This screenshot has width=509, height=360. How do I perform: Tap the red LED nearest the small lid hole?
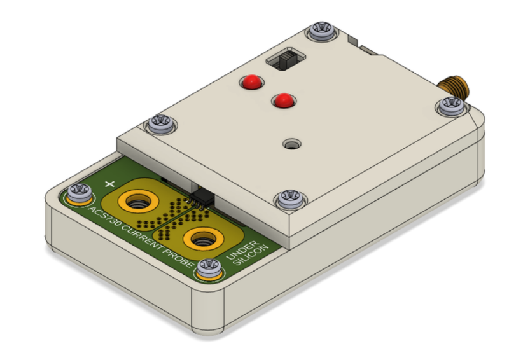282,100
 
